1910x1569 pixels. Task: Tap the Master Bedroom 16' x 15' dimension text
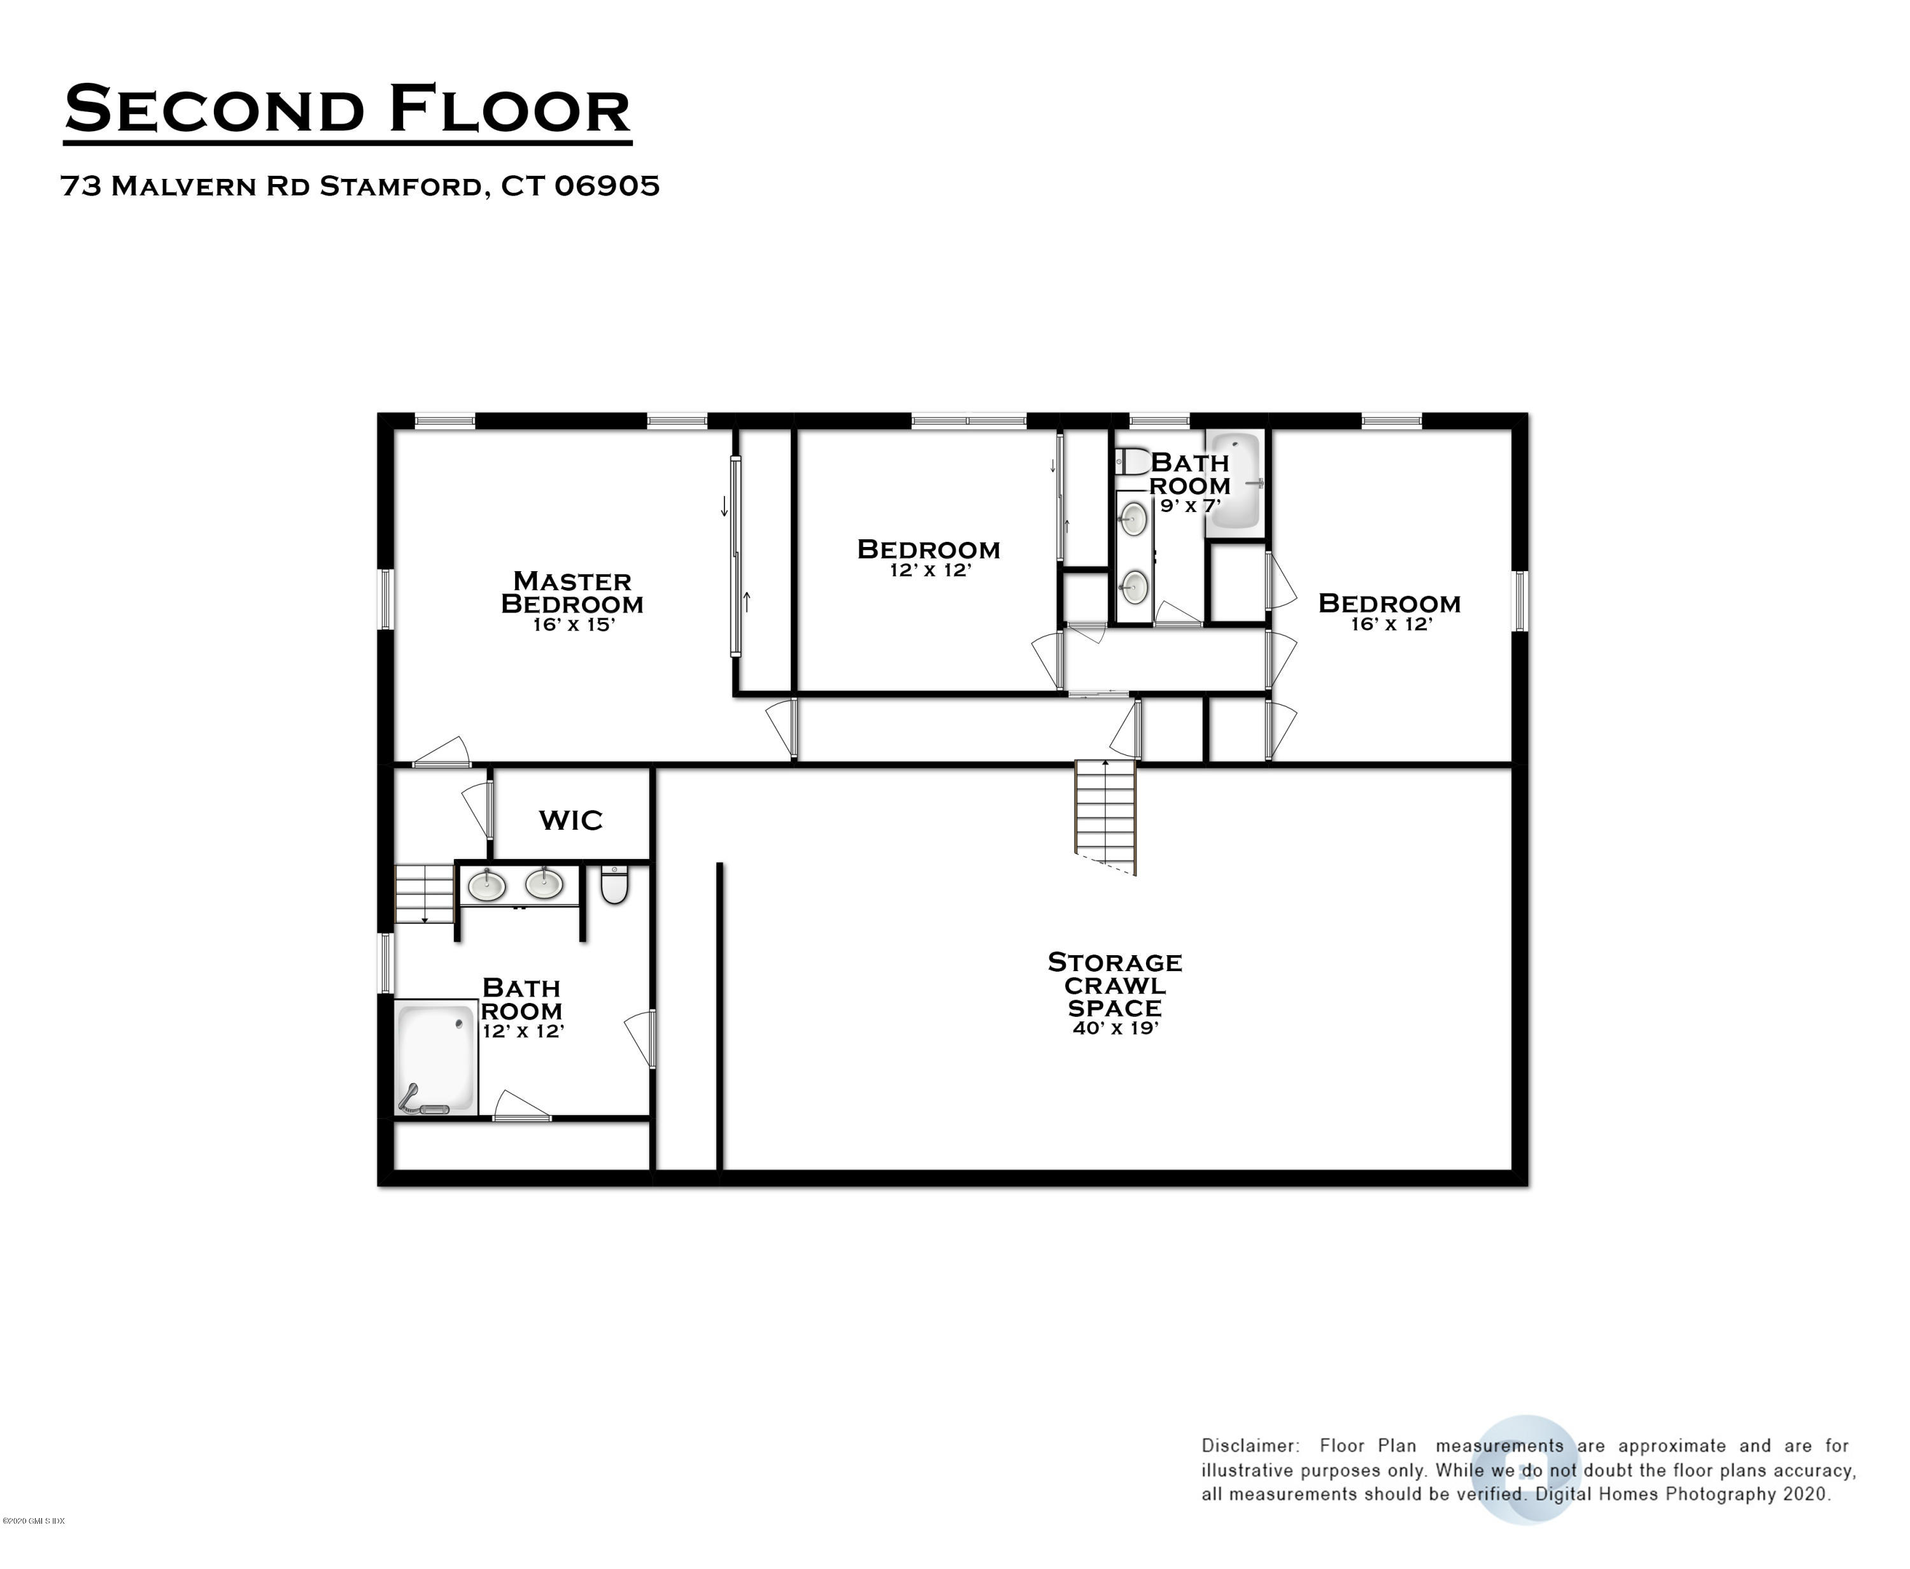573,625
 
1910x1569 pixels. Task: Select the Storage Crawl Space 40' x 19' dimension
1115,1028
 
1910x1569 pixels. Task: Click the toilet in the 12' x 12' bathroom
614,885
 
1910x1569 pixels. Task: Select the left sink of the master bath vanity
486,885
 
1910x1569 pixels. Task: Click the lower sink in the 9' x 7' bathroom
1133,588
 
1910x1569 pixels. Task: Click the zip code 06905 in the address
607,186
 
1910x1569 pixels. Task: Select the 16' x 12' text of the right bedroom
1390,625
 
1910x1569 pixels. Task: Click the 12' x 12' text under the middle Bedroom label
929,571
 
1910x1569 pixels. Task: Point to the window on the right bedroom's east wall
1520,601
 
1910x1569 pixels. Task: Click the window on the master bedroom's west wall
386,599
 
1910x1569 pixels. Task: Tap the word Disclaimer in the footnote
1250,1446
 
